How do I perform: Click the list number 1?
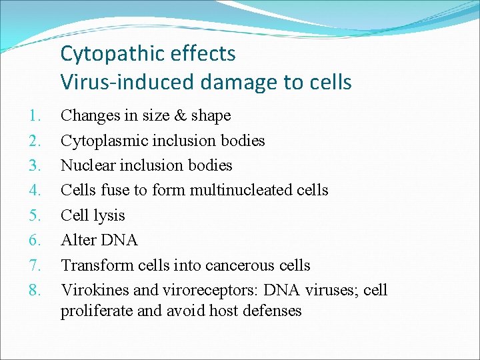(37, 115)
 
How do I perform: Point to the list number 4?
(37, 190)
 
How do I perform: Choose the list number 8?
(37, 290)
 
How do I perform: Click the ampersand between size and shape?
(181, 115)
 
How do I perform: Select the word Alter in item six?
(77, 240)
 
